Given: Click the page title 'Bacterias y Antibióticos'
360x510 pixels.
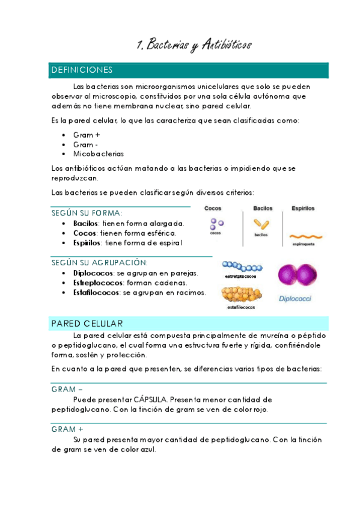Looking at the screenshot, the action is coord(194,45).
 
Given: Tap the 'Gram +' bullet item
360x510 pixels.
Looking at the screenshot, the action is coord(87,135).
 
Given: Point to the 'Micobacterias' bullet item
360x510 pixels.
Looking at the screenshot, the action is coord(98,153).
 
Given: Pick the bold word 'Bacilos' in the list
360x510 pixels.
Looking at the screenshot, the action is coord(85,223).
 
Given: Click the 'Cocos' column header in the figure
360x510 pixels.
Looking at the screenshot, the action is coord(213,209).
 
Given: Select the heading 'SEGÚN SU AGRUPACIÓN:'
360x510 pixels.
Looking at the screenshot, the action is coord(100,263).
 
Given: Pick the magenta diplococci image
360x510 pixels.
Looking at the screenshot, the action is coord(296,274).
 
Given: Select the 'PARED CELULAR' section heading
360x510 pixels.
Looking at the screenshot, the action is coord(87,323).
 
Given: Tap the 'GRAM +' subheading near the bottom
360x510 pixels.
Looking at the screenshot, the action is coord(67,429).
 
